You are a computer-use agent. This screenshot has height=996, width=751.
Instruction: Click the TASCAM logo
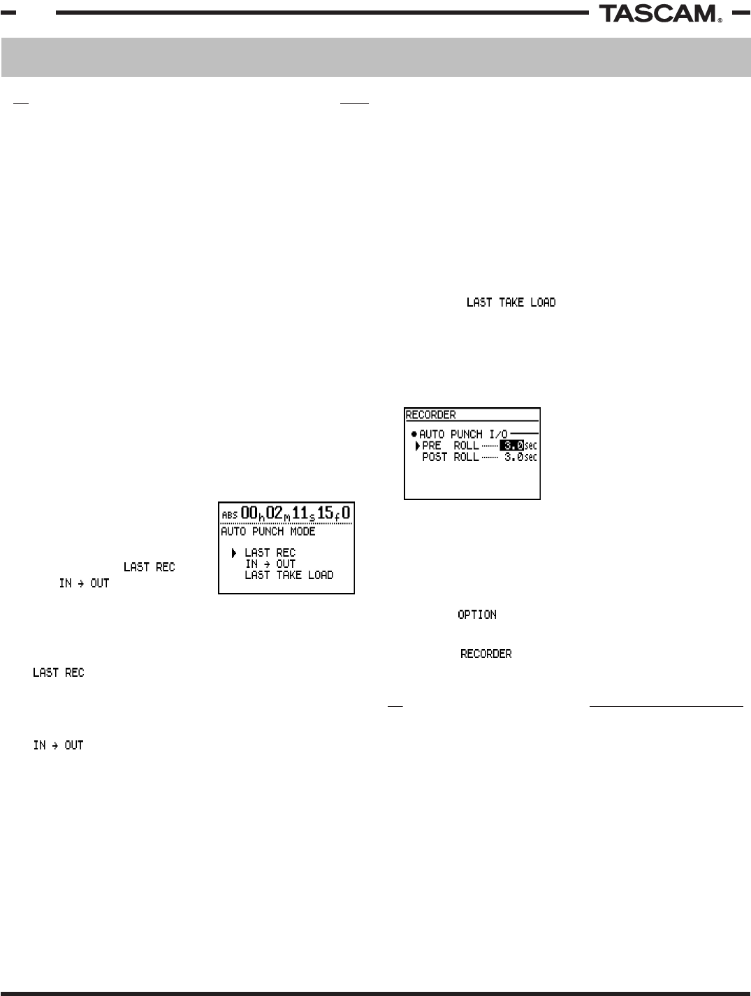pos(657,13)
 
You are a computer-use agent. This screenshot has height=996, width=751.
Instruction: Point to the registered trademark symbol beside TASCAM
pos(720,20)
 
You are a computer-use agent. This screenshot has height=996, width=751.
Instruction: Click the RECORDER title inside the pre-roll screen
pos(430,415)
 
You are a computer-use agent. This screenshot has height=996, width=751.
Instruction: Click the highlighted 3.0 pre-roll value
pos(512,446)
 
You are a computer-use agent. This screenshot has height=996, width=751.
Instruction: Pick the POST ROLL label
pos(451,457)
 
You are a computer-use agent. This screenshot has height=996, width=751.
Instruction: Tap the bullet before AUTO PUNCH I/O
pos(414,434)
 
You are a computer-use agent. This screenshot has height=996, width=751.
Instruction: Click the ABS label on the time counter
pos(229,515)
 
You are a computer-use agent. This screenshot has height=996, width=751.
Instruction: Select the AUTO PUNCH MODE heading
pos(268,532)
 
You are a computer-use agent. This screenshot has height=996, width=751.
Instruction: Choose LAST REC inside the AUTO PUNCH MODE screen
pos(270,553)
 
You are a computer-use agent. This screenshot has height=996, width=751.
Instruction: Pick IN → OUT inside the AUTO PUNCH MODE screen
pos(270,564)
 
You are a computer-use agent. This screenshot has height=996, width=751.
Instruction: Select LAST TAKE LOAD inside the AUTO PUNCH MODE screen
pos(289,575)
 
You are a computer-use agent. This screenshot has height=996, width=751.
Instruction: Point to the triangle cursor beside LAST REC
pos(234,553)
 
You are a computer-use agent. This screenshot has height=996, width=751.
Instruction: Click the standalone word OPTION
pos(477,615)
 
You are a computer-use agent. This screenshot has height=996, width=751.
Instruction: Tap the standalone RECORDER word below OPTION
pos(486,654)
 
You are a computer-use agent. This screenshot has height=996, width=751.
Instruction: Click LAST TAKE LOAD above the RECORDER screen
pos(511,302)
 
